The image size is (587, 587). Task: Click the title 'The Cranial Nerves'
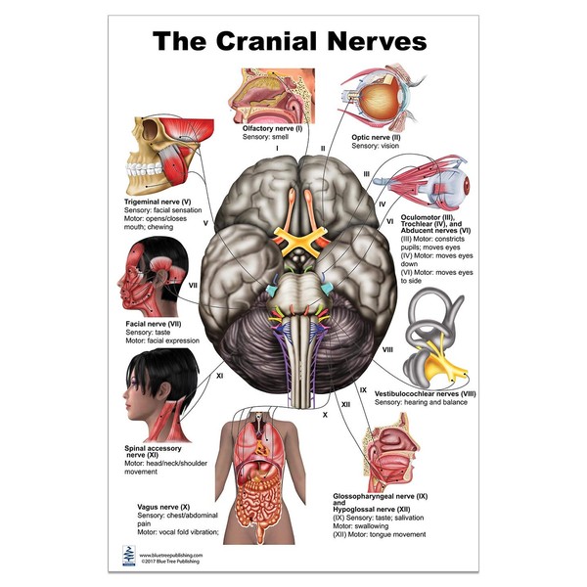[290, 41]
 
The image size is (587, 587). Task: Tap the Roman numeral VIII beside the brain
[388, 349]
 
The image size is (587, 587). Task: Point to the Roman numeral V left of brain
[205, 223]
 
